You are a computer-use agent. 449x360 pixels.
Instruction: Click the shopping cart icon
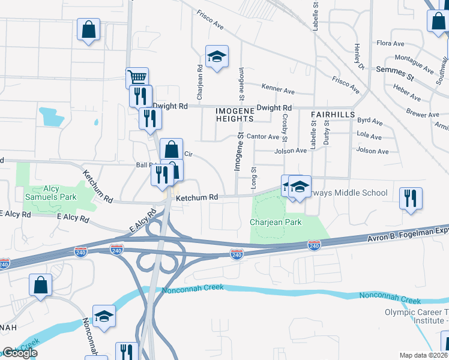click(137, 77)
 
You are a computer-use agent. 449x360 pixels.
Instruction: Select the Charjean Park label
click(275, 222)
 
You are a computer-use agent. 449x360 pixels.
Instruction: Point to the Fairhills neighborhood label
click(333, 114)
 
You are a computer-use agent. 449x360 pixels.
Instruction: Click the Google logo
click(19, 353)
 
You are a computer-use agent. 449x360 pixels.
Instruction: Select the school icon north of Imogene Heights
click(217, 57)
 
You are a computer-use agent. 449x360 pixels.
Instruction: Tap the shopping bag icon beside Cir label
click(171, 149)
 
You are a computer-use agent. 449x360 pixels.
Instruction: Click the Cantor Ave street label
click(262, 137)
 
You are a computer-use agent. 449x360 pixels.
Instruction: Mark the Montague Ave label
click(414, 63)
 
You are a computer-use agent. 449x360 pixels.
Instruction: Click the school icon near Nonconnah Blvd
click(104, 316)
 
